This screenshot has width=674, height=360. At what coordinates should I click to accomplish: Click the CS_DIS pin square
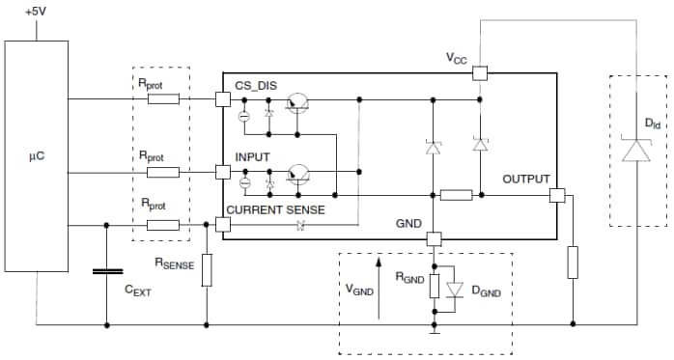223,98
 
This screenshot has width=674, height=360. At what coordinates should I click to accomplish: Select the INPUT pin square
223,172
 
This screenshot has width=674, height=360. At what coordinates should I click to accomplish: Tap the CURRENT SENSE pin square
223,224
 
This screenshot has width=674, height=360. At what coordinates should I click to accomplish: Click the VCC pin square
480,71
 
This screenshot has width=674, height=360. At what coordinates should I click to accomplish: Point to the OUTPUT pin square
556,195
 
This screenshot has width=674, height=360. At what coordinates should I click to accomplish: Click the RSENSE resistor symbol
207,271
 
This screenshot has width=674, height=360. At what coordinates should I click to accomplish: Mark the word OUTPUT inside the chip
525,179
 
